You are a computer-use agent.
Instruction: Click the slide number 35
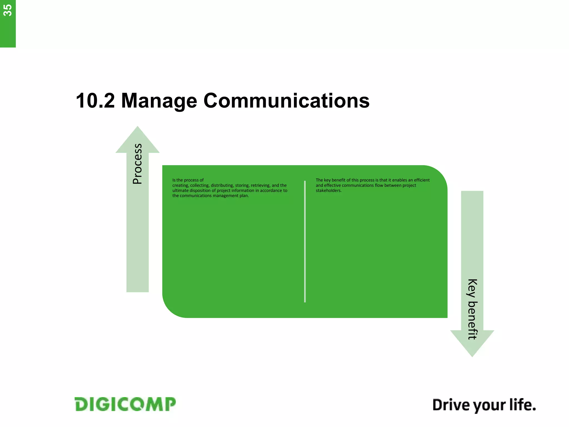coord(8,11)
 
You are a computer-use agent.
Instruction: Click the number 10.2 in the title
coord(95,101)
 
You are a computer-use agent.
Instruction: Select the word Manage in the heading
coord(159,101)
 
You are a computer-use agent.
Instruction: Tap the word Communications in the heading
coord(286,101)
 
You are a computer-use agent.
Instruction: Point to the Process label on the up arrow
coord(138,164)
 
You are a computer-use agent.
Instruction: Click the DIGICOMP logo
coord(125,404)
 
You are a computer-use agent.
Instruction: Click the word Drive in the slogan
coord(450,405)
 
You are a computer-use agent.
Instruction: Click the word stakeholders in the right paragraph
coord(328,191)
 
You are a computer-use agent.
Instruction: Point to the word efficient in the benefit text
coord(422,180)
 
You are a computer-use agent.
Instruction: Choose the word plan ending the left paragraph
coord(244,196)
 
